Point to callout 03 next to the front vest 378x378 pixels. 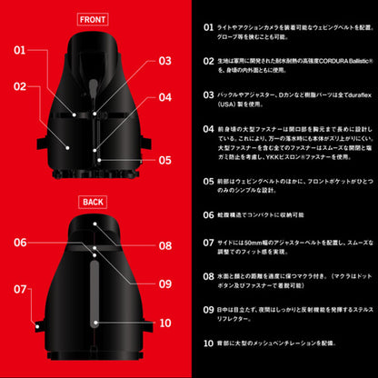click(164, 62)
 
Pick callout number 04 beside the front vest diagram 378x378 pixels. click(164, 96)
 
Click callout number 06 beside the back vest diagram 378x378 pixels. click(21, 243)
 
